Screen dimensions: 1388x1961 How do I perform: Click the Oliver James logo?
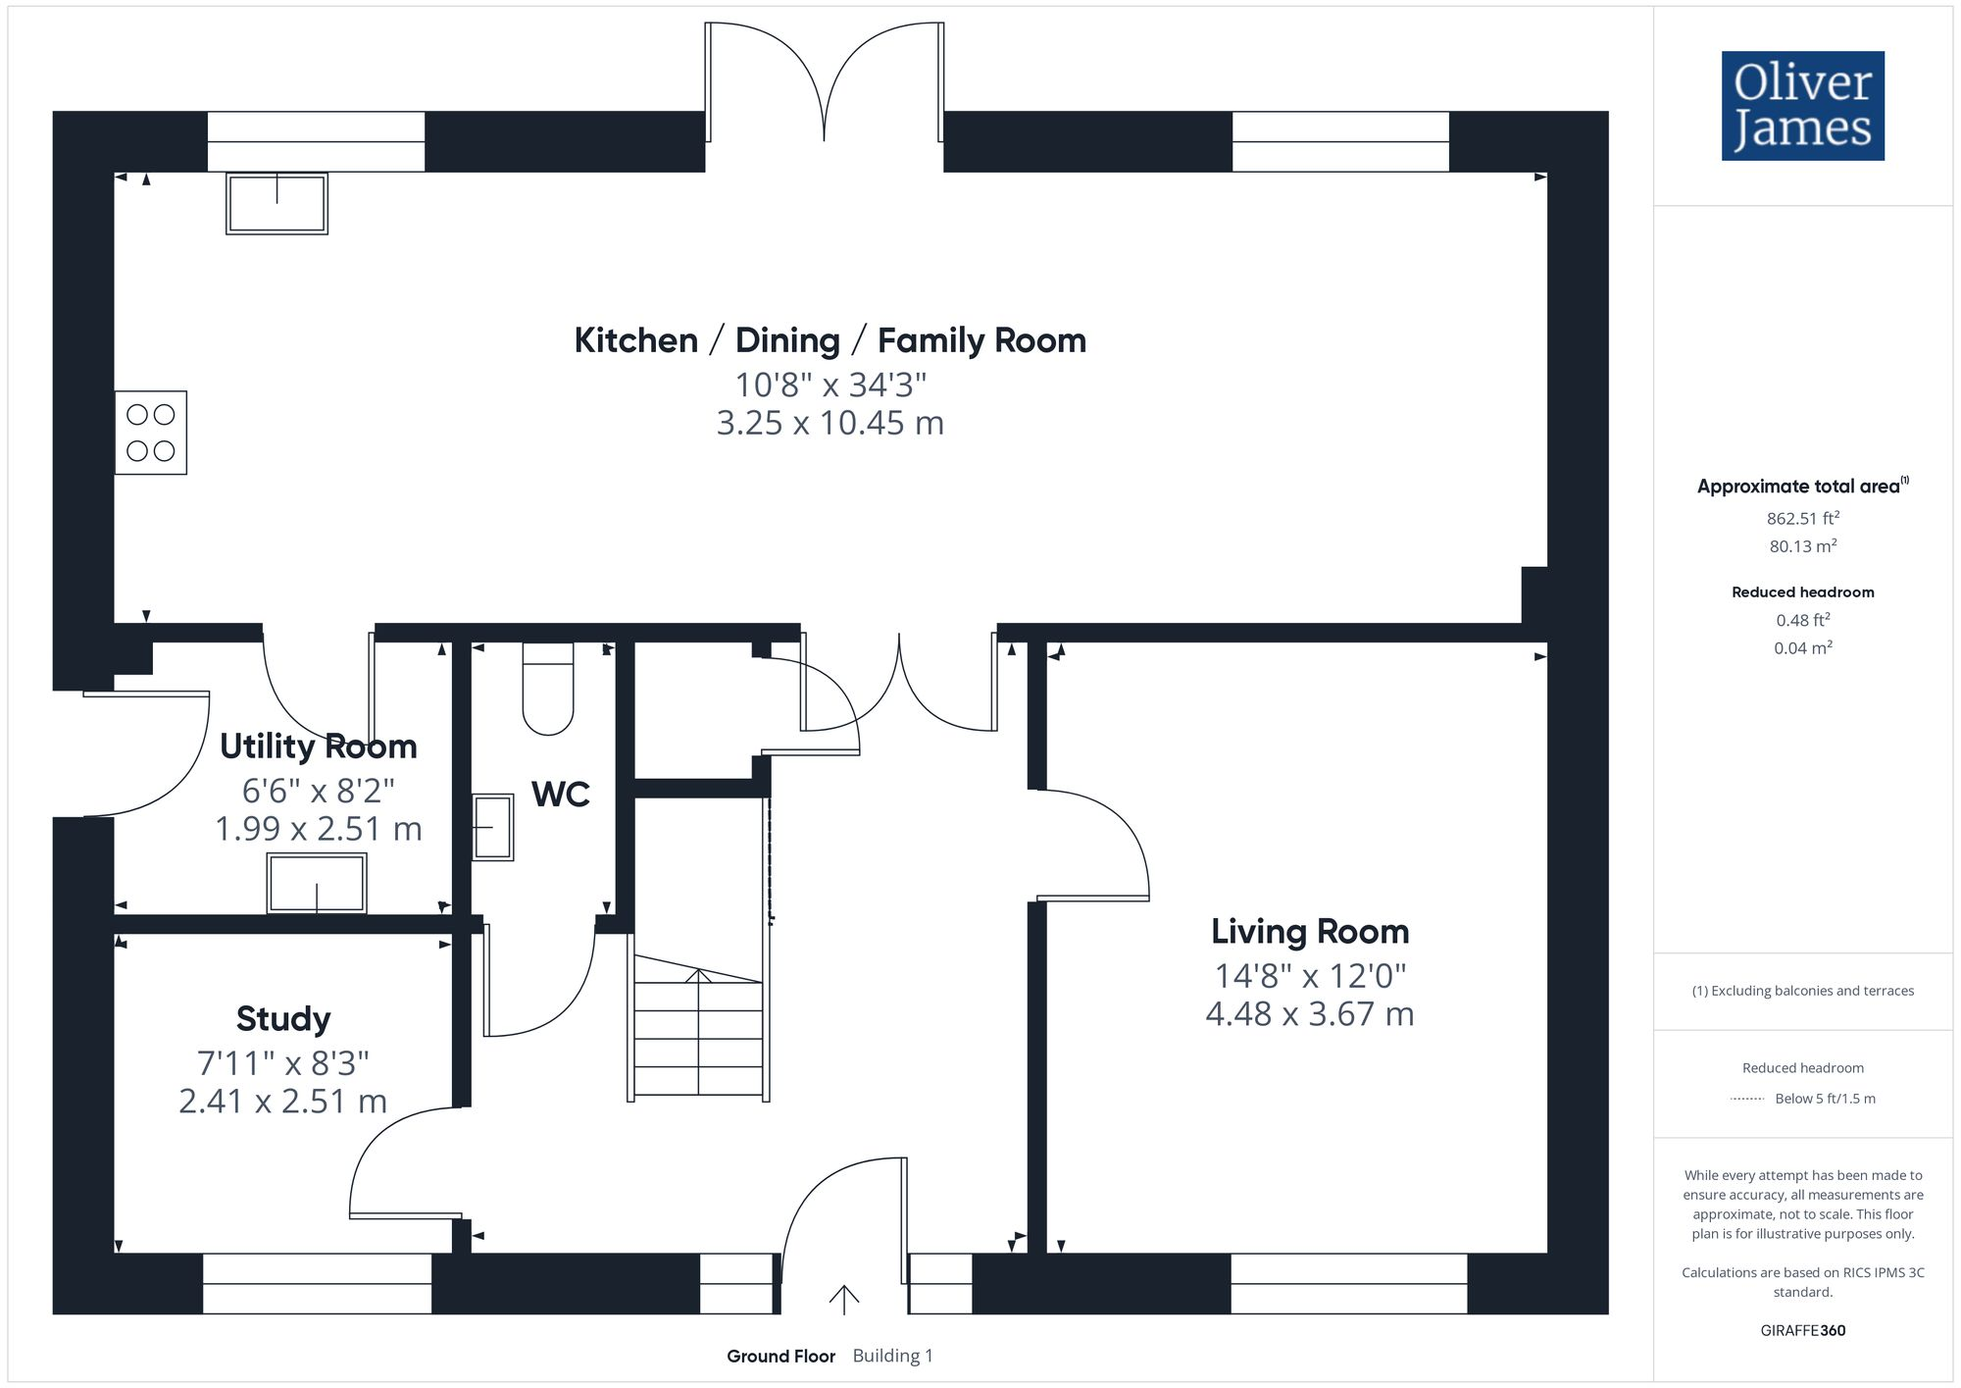pos(1802,106)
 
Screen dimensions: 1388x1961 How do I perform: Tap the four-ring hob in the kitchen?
pos(151,433)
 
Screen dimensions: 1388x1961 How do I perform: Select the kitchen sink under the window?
pos(277,203)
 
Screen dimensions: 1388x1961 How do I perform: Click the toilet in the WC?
pos(548,690)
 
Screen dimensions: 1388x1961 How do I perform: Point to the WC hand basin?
pos(492,827)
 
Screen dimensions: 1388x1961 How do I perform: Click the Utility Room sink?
pos(317,883)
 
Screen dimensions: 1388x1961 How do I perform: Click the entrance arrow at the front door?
pos(843,1299)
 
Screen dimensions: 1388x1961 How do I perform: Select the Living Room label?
pos(1309,931)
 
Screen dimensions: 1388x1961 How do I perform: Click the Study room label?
pos(283,1018)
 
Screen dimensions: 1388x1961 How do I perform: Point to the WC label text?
pos(560,794)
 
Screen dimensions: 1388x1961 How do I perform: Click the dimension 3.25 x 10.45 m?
pos(830,423)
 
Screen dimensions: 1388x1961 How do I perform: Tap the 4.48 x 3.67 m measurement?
pos(1309,1013)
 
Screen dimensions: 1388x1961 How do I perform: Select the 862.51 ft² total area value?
pos(1802,518)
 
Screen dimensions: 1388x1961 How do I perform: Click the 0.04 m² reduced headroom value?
pos(1802,647)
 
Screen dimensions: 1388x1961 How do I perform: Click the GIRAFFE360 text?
pos(1802,1330)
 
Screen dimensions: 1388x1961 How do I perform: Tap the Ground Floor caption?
pos(780,1356)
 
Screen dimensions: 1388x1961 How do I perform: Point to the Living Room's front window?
pos(1348,1283)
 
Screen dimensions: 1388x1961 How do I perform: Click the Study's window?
pos(317,1283)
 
